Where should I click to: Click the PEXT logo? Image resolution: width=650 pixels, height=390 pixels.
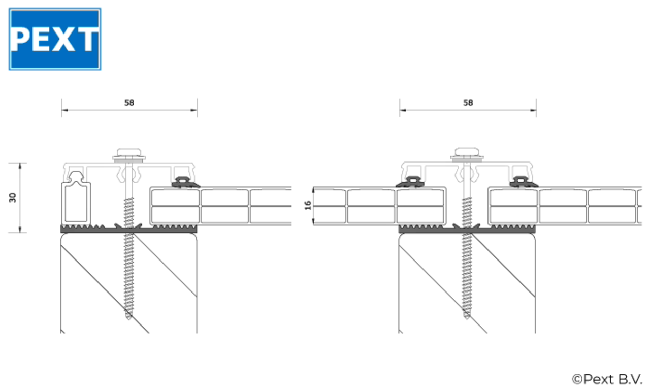(x=55, y=39)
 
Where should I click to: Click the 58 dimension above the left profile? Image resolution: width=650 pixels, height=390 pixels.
(x=129, y=103)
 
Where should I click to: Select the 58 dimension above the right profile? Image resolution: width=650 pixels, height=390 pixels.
(x=468, y=103)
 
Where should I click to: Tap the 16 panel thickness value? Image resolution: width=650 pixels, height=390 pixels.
(x=307, y=206)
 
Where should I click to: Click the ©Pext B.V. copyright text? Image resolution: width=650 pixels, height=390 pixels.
(x=607, y=379)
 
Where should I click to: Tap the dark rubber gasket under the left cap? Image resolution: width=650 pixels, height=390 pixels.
(x=184, y=182)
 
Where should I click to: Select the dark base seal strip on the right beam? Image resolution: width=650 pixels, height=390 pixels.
(x=503, y=230)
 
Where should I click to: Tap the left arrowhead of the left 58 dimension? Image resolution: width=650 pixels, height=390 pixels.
(x=63, y=109)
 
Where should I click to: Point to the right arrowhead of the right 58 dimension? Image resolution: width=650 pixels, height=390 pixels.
(x=534, y=109)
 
